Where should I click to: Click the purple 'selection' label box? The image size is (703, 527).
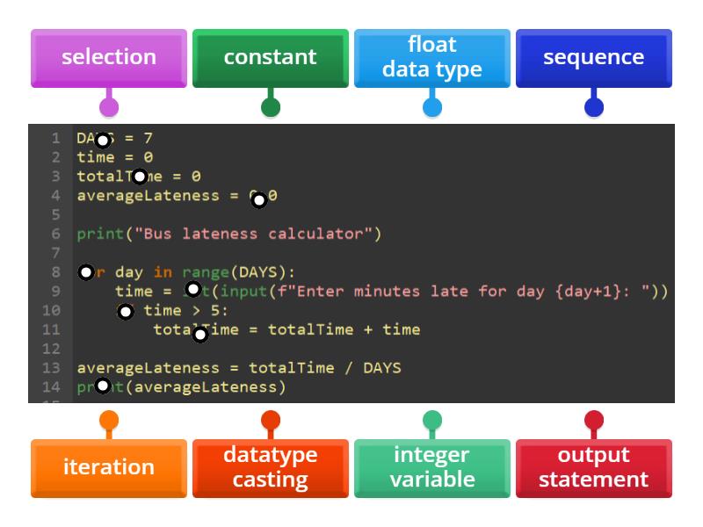[109, 57]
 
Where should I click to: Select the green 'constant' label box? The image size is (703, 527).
[271, 57]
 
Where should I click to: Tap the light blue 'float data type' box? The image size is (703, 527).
[432, 57]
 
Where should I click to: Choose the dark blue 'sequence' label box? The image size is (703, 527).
[594, 57]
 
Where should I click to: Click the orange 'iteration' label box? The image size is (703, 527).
[109, 467]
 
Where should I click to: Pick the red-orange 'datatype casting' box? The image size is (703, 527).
[271, 467]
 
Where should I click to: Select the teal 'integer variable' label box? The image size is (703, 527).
[432, 467]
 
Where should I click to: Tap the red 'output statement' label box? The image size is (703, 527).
[594, 467]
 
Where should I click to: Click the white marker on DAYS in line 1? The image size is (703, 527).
[103, 141]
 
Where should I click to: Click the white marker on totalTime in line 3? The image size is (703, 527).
[139, 177]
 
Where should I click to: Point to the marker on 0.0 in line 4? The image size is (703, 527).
[258, 200]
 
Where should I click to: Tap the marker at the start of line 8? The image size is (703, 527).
[86, 272]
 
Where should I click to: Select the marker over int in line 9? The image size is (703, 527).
[193, 289]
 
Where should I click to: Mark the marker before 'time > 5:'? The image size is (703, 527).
[126, 311]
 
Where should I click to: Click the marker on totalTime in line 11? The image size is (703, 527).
[200, 334]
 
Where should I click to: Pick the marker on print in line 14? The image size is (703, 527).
[103, 386]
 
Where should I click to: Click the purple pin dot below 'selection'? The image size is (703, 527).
[109, 107]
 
